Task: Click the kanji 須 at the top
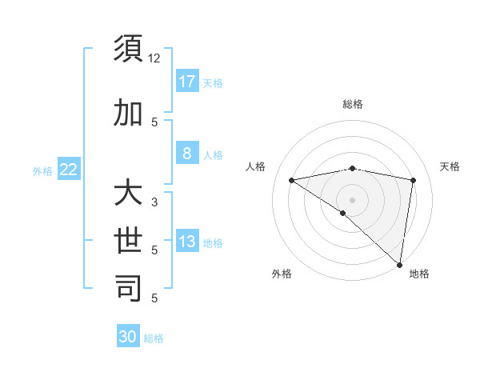(129, 50)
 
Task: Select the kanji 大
(129, 193)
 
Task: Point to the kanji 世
(129, 241)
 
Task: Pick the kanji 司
(129, 288)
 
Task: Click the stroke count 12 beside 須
(154, 58)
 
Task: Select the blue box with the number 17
(187, 82)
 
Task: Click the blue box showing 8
(187, 154)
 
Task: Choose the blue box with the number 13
(187, 242)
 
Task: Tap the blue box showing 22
(69, 170)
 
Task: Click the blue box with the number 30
(128, 337)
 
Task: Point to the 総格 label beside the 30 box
(154, 338)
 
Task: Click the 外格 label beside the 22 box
(42, 170)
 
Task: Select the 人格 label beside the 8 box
(213, 154)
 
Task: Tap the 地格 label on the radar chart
(419, 274)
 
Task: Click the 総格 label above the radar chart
(353, 104)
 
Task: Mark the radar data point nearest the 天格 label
(414, 180)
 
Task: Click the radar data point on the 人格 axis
(291, 180)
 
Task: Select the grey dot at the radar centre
(352, 199)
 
